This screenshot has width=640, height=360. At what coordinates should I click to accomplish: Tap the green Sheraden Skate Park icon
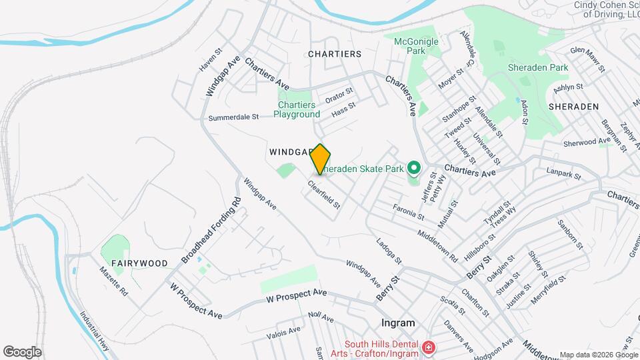coord(413,169)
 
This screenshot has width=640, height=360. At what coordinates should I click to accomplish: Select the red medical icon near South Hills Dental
coord(428,347)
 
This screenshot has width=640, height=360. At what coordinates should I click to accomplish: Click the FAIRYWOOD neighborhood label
coord(139,263)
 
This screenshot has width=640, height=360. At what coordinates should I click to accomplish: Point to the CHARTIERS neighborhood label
coord(335,54)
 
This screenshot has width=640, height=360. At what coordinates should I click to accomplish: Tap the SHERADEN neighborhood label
coord(573,107)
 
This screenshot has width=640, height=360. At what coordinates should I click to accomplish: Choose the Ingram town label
coord(398,323)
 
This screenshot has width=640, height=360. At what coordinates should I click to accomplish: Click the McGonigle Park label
coord(416,45)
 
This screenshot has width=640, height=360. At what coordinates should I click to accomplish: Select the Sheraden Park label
coord(537,67)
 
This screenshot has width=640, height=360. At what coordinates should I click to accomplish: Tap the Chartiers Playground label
coord(299,109)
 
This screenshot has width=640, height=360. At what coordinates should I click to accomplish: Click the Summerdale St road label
coord(233,117)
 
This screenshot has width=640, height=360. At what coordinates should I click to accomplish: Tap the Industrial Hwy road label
coord(93,328)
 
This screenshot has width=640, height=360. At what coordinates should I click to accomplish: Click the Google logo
coord(22,351)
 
